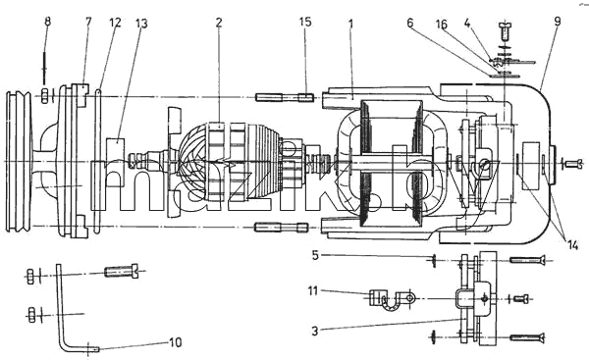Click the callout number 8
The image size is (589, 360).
coord(47,22)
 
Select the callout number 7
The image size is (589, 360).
coord(88,22)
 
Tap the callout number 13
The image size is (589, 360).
coord(141,24)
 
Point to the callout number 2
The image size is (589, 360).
coord(219,23)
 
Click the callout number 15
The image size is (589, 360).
coord(305,22)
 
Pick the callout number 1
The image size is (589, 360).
coord(350,24)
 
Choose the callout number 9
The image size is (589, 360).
coord(557,22)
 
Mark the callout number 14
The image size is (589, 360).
coord(572,245)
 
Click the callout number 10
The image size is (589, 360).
coord(175,342)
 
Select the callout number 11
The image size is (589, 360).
coord(313,290)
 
